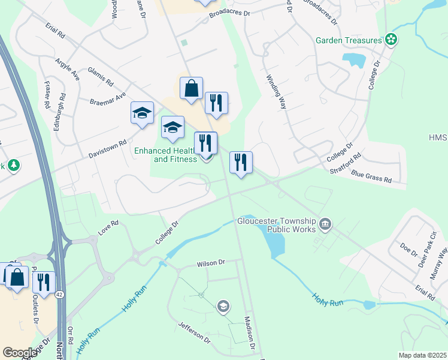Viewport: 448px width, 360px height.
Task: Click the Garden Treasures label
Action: [x=349, y=41]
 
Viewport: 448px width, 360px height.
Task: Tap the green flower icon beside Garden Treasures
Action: [x=391, y=40]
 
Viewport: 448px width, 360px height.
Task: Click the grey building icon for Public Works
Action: [x=325, y=226]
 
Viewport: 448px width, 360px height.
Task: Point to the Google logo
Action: [x=20, y=353]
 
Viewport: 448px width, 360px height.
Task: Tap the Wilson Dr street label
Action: [x=211, y=263]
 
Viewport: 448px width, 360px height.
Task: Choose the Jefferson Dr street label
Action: [x=195, y=332]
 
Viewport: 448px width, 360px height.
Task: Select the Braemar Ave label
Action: [x=108, y=99]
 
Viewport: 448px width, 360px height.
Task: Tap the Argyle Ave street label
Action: [x=68, y=70]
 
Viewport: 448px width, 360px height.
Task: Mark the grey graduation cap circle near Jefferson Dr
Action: [x=223, y=307]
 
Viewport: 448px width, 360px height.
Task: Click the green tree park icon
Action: [x=13, y=165]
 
